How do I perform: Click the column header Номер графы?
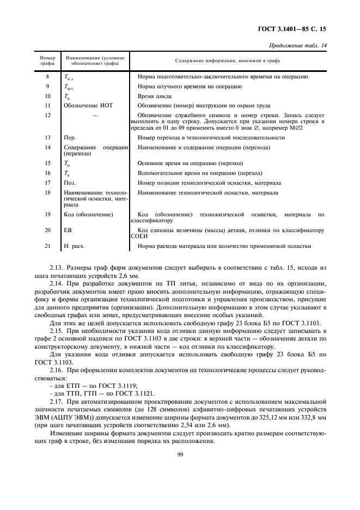(47, 60)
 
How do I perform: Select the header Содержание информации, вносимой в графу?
(228, 60)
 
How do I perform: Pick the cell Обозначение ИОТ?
(88, 105)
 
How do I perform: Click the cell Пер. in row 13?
(70, 138)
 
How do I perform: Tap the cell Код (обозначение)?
(88, 215)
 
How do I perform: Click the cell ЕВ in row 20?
(68, 230)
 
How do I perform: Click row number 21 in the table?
(47, 246)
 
